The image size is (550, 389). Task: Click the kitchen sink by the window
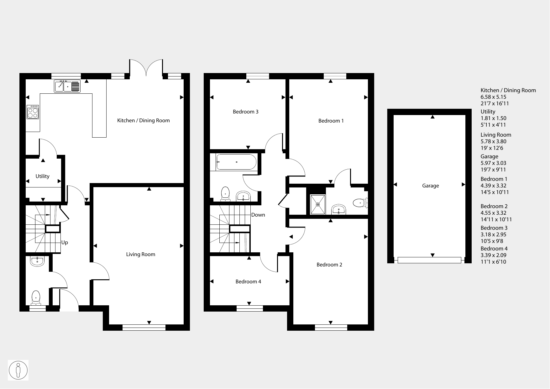coord(67,86)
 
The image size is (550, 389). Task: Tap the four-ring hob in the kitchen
coord(33,112)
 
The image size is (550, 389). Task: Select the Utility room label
coord(42,176)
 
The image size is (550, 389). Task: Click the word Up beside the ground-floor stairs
coord(65,242)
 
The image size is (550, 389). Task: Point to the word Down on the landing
coord(258,215)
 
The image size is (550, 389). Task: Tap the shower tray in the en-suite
coord(318,205)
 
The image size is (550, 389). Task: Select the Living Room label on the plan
coord(140,254)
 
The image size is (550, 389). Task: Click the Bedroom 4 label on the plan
coord(248,281)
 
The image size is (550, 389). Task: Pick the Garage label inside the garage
coord(430,186)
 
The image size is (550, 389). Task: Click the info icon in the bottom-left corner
coord(18,370)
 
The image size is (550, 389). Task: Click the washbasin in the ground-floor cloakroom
coord(38,261)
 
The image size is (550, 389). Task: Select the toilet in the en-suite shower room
coord(360,203)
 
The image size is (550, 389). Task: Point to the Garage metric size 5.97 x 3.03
coord(493,163)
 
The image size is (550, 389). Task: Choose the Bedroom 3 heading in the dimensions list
coord(494,228)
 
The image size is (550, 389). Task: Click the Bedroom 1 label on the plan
coord(331,121)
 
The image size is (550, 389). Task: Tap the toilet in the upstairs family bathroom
coord(225,194)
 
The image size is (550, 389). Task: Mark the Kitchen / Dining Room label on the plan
coord(143,120)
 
